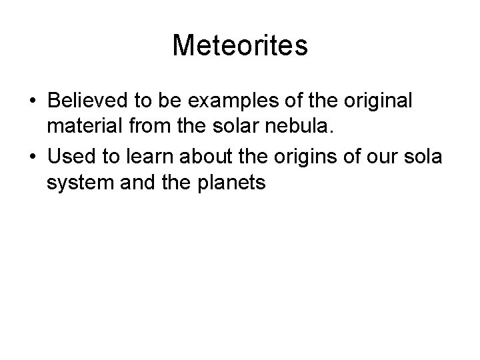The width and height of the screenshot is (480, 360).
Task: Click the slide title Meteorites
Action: [x=240, y=46]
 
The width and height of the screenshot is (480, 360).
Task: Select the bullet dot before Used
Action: [x=33, y=157]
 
